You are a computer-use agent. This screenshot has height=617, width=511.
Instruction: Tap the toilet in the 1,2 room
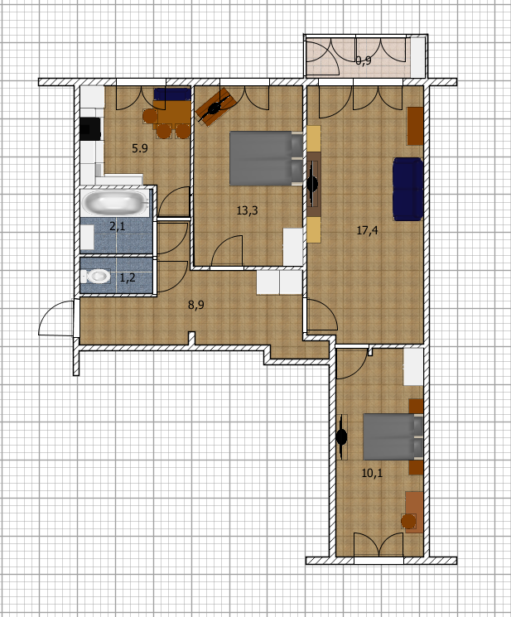96,276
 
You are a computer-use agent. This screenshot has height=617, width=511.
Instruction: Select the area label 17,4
367,229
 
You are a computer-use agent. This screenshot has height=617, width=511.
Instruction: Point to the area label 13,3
247,210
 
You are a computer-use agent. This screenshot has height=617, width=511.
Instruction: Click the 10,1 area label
372,473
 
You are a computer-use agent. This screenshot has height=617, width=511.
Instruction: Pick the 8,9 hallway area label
196,305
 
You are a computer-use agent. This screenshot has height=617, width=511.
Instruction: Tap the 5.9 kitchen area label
140,148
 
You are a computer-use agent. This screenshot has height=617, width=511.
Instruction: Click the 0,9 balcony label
364,60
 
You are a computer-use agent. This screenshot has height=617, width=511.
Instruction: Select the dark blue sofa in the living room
408,189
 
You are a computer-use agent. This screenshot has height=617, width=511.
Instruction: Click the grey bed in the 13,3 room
267,158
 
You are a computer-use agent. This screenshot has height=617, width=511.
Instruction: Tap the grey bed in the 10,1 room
393,436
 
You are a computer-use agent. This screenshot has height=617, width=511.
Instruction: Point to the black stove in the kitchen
90,128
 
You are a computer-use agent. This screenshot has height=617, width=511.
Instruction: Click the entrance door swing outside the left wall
55,317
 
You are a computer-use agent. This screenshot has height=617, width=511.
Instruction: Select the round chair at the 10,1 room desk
409,521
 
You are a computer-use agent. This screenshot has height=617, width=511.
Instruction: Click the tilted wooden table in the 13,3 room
215,107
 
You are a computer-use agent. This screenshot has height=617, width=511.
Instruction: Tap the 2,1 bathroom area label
118,226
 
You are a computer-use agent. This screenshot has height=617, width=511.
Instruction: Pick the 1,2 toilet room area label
127,277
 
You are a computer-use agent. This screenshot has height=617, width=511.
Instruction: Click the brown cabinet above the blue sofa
415,126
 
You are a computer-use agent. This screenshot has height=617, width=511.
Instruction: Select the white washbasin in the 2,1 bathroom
87,238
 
